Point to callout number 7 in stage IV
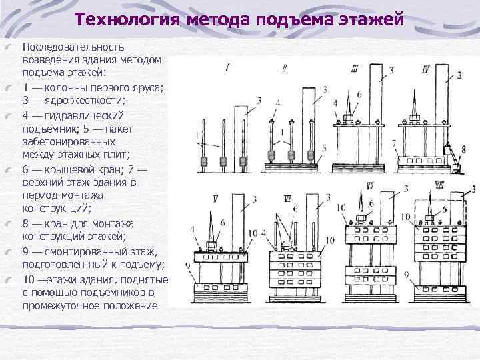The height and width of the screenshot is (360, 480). pos(394,143)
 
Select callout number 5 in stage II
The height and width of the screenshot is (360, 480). pos(323,147)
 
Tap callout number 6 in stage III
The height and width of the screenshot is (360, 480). pos(359,95)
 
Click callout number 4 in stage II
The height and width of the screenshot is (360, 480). pos(277,104)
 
